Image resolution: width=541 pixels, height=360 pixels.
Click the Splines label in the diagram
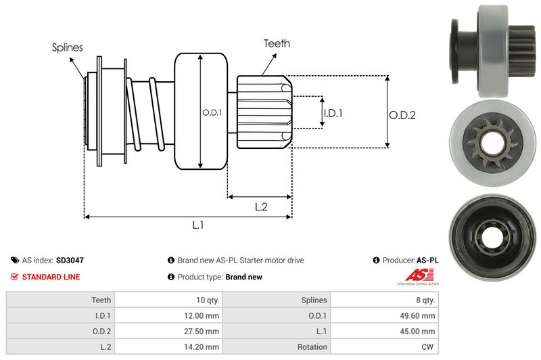[x=68, y=47]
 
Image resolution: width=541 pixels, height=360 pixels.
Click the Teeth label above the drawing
[x=277, y=43]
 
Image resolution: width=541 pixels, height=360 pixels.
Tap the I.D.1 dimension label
[x=333, y=113]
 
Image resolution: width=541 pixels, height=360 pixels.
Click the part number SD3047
[x=70, y=260]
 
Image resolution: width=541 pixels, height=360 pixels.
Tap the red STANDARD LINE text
[x=51, y=277]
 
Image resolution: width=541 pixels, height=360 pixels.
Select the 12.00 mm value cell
[x=202, y=315]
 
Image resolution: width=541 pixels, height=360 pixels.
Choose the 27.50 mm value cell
[x=202, y=331]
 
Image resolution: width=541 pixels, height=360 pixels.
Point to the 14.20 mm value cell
[x=202, y=346]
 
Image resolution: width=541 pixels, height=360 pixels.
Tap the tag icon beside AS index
[x=15, y=260]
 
